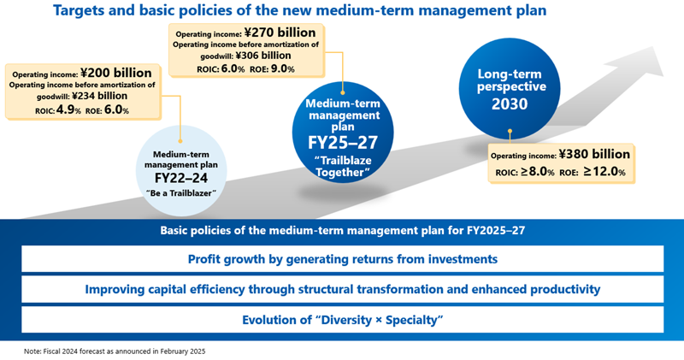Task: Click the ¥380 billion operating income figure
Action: [x=594, y=155]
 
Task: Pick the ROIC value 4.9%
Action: [x=69, y=109]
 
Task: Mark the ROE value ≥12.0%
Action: [x=605, y=172]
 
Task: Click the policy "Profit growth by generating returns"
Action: [x=342, y=258]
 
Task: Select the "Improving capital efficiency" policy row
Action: [x=342, y=288]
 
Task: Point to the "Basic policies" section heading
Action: [x=342, y=230]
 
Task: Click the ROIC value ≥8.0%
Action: [x=535, y=172]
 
